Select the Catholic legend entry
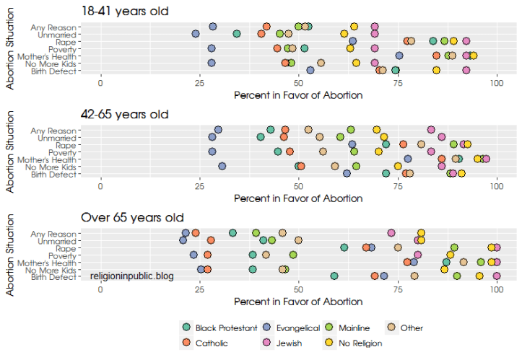click(x=217, y=343)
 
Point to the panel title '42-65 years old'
click(x=124, y=114)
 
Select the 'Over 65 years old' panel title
click(x=132, y=217)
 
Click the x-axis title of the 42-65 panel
click(x=298, y=198)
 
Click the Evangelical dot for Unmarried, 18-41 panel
click(x=196, y=34)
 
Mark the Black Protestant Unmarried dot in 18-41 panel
click(x=237, y=34)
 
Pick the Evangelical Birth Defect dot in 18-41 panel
click(x=310, y=70)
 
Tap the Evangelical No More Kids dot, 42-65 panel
click(x=222, y=166)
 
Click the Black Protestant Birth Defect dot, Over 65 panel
click(x=334, y=276)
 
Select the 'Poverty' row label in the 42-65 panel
click(x=62, y=152)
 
